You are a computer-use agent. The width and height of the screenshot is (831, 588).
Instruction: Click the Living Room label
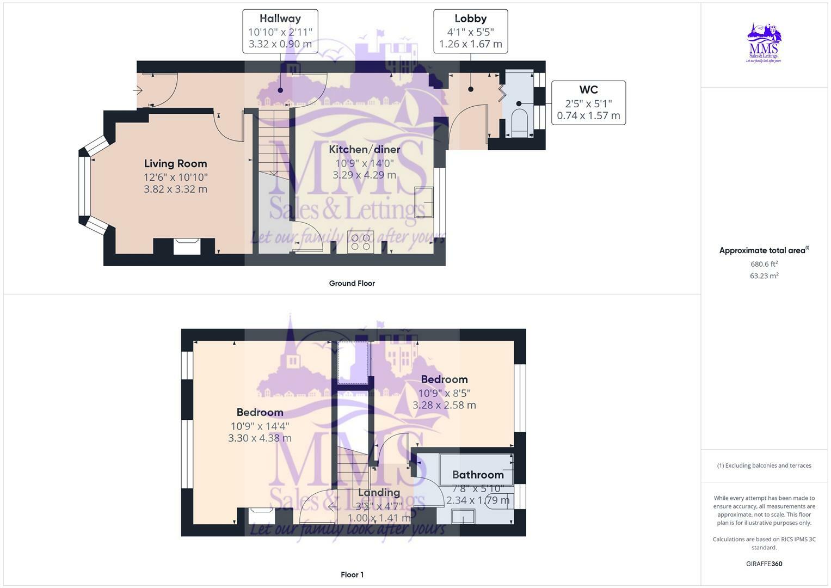(x=175, y=163)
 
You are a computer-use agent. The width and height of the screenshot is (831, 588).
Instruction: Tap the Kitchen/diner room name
(x=364, y=149)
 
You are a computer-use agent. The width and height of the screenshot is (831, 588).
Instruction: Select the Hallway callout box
(x=280, y=31)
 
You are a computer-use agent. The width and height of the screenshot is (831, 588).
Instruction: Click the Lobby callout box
(x=470, y=31)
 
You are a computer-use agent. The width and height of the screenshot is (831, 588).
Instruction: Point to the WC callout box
(x=588, y=102)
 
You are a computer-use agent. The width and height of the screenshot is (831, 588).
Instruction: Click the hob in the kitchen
(x=360, y=242)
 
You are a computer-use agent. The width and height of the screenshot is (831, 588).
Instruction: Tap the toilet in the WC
(x=520, y=122)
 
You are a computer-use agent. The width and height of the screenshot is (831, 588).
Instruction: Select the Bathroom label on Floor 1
(x=478, y=475)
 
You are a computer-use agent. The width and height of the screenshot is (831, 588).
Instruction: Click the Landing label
(x=379, y=492)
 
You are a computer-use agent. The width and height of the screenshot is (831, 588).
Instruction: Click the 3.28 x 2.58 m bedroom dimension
(x=444, y=405)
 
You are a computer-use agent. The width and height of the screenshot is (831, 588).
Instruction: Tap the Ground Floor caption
(x=352, y=283)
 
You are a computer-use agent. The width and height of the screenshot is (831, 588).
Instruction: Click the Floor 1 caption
(x=352, y=574)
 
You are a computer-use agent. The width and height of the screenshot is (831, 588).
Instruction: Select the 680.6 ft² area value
(x=764, y=264)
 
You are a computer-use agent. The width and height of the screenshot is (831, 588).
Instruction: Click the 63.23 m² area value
(x=764, y=276)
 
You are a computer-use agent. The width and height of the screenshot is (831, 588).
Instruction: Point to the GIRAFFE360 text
(x=764, y=564)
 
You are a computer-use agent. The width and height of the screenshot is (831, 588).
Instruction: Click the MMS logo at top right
(x=764, y=43)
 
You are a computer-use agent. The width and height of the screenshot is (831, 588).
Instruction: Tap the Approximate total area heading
(x=764, y=250)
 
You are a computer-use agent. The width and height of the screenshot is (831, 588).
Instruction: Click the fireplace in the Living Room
(x=187, y=246)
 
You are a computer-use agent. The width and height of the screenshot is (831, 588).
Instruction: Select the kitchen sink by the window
(x=424, y=202)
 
